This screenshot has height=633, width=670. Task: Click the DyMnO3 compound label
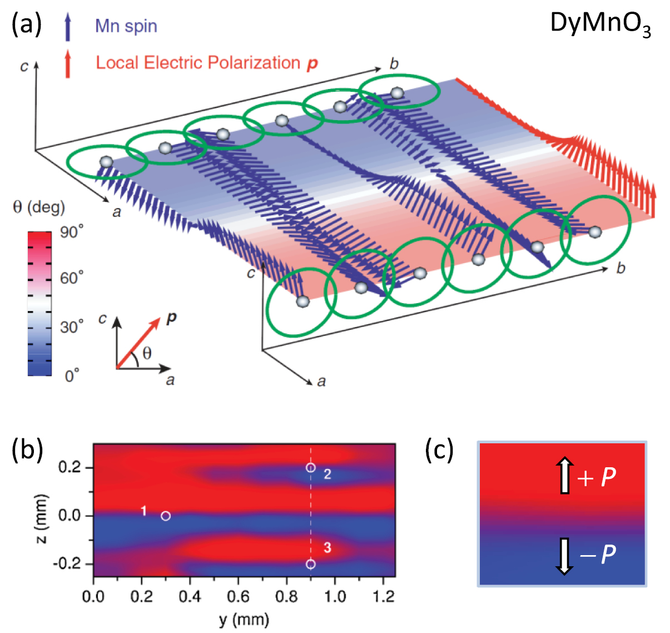coord(600,25)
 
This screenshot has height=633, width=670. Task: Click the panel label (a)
coord(27,25)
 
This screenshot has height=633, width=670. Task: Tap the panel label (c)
coord(440,450)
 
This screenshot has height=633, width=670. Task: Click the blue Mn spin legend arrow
coord(68,27)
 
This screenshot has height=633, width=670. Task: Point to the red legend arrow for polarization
coord(68,63)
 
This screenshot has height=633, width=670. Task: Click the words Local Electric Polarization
coord(198,63)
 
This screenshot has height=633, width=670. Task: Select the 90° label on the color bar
coord(72,232)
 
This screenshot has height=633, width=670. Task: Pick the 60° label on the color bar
coord(72,278)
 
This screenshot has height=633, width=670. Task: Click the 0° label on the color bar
coord(72,376)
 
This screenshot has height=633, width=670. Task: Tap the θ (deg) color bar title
coord(39,207)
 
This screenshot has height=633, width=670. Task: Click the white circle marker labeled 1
coord(166,516)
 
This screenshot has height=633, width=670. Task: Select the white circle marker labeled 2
coord(311,468)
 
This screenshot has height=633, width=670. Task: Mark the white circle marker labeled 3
coord(311,564)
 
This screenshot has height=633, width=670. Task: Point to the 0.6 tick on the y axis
coord(238,597)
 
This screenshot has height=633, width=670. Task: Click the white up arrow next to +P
coord(565,476)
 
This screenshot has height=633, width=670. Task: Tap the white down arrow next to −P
coord(565,555)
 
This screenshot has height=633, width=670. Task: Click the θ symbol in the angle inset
coord(146,354)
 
